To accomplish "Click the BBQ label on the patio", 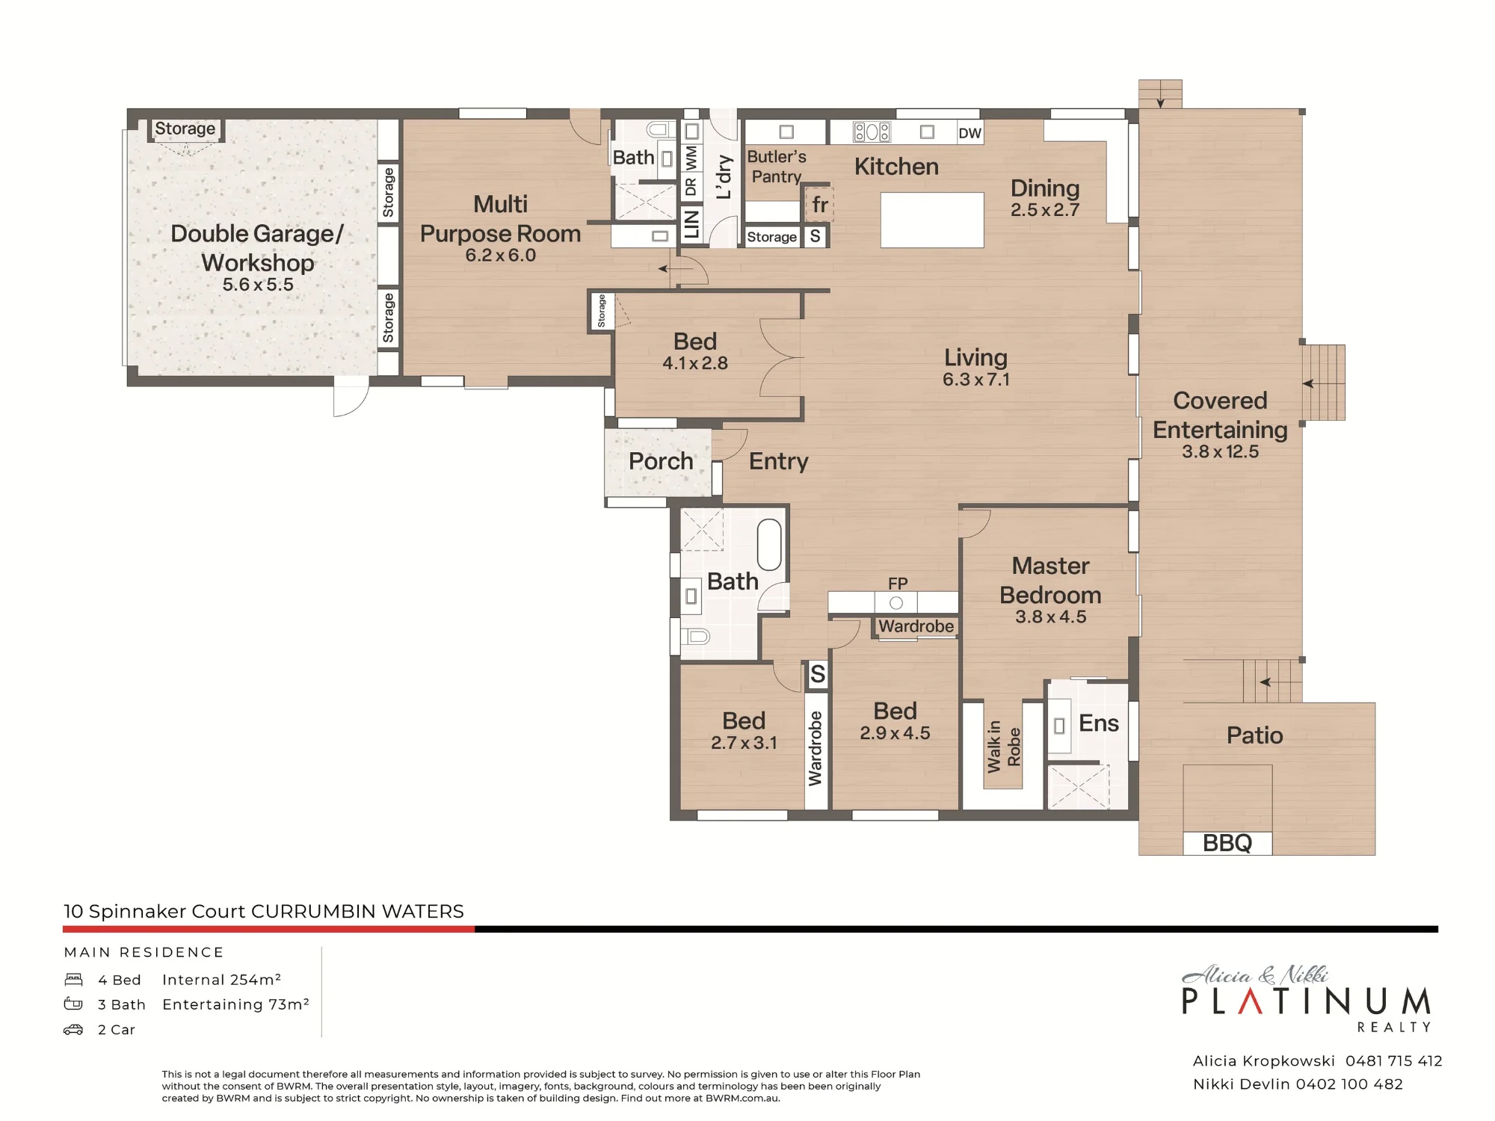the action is coord(1227,843).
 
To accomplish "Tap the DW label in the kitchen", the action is coord(970,133).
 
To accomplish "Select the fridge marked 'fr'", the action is coord(819,204).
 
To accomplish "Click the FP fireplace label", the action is coord(898,583).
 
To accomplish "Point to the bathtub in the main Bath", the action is coord(769,545).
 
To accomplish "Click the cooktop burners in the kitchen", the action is coord(872,132).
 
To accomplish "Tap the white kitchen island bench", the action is coord(932,220).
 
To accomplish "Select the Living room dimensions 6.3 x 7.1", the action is coord(975,380).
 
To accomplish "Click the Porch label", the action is coord(661,461).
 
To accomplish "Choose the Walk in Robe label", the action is coord(1003,746).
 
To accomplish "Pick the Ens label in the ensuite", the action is coord(1099,723).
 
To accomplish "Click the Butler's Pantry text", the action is coord(777,167).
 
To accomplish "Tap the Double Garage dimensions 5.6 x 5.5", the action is coord(258,285).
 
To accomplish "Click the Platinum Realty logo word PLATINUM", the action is coord(1306,1001).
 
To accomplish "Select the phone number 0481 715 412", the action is coord(1394,1060).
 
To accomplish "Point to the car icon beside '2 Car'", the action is coord(73,1029).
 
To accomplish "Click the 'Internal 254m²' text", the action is coord(221,980).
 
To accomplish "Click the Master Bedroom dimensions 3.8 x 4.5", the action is coord(1050,617).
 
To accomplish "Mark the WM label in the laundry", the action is coord(691,158).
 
